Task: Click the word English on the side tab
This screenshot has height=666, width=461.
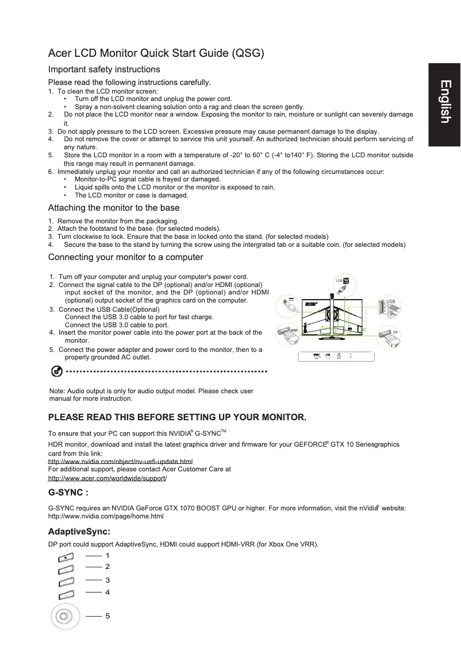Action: [x=444, y=102]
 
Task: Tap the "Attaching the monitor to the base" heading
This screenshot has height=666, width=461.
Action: [x=114, y=207]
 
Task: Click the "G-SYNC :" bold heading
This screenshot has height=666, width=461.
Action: [x=68, y=493]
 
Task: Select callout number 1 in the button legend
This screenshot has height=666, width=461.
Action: [x=107, y=556]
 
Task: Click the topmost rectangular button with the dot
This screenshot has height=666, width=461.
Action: [x=66, y=557]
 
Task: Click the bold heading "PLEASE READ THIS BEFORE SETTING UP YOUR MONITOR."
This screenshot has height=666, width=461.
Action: [x=178, y=416]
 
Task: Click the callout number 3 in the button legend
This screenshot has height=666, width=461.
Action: [x=107, y=580]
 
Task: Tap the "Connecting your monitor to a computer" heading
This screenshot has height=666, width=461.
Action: [x=125, y=257]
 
